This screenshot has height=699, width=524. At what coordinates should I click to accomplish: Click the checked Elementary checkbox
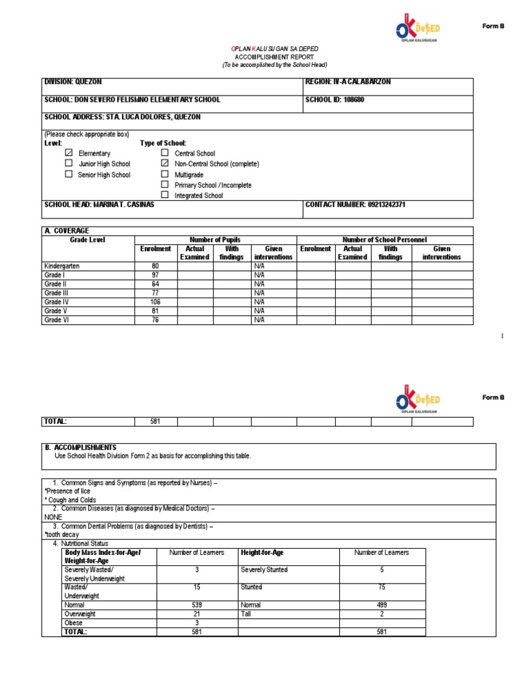tap(69, 154)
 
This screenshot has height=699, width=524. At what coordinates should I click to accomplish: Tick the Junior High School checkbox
tap(69, 164)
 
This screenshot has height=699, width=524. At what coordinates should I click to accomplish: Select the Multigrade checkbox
tap(164, 174)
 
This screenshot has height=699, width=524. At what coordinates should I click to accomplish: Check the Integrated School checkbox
tap(164, 195)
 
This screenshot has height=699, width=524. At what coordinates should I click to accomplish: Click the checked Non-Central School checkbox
tap(164, 164)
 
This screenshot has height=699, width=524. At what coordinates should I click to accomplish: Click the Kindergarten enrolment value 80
tap(155, 266)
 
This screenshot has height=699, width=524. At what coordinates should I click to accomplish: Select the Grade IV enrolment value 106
tap(155, 302)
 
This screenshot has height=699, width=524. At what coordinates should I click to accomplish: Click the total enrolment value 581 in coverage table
tap(155, 422)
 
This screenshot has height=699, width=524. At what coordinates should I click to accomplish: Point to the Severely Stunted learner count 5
tap(382, 570)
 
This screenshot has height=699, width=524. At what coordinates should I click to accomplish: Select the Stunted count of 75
tap(382, 587)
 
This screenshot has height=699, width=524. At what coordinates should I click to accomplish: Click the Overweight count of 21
tap(196, 614)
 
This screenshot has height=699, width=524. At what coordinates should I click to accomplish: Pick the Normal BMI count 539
tap(196, 605)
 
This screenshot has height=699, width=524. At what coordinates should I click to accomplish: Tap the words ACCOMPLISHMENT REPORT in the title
tap(275, 57)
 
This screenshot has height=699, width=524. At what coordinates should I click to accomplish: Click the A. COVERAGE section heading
tap(66, 231)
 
